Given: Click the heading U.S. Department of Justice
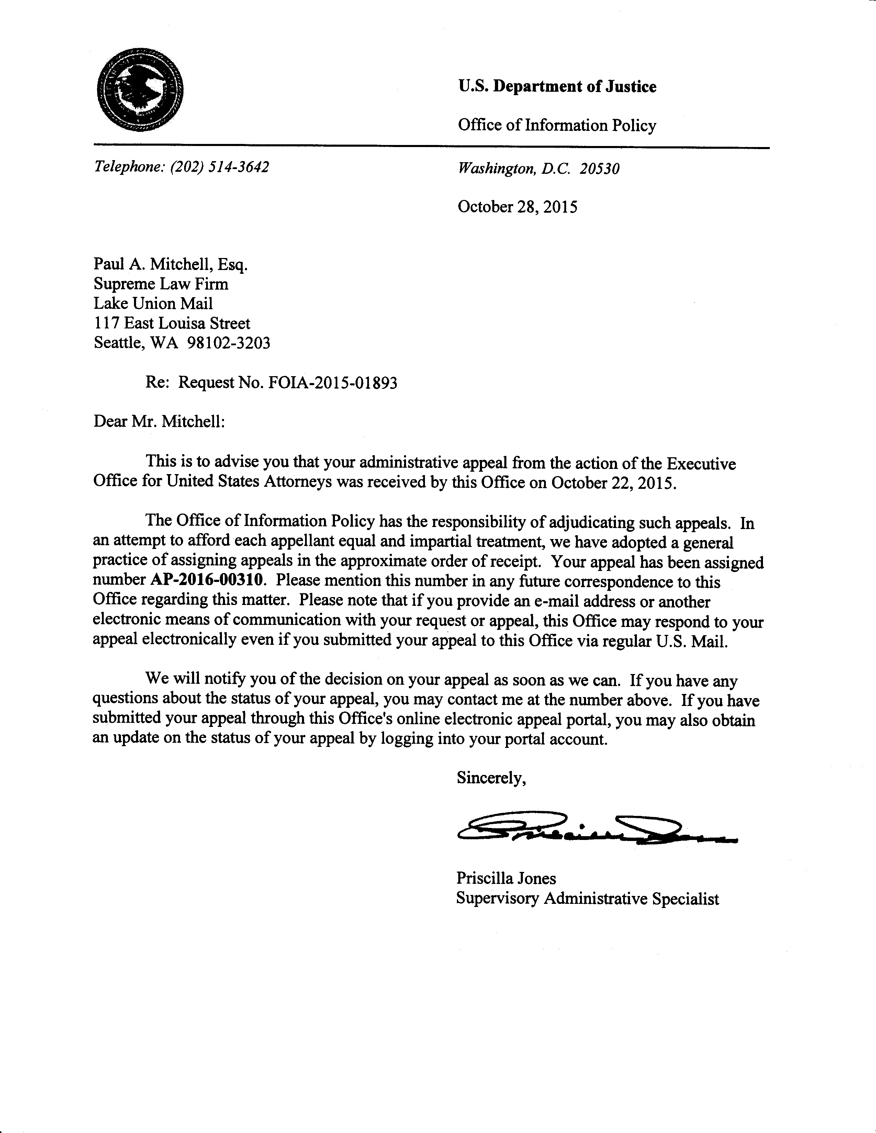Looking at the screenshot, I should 557,86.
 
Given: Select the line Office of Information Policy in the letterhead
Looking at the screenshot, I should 557,125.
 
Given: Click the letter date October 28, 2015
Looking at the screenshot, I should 517,207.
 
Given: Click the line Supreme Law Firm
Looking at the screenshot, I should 161,284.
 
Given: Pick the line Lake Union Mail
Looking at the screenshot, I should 153,303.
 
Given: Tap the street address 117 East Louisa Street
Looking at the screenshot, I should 172,323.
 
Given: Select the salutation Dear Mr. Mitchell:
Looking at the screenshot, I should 159,421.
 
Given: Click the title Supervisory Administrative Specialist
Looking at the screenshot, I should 587,898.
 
